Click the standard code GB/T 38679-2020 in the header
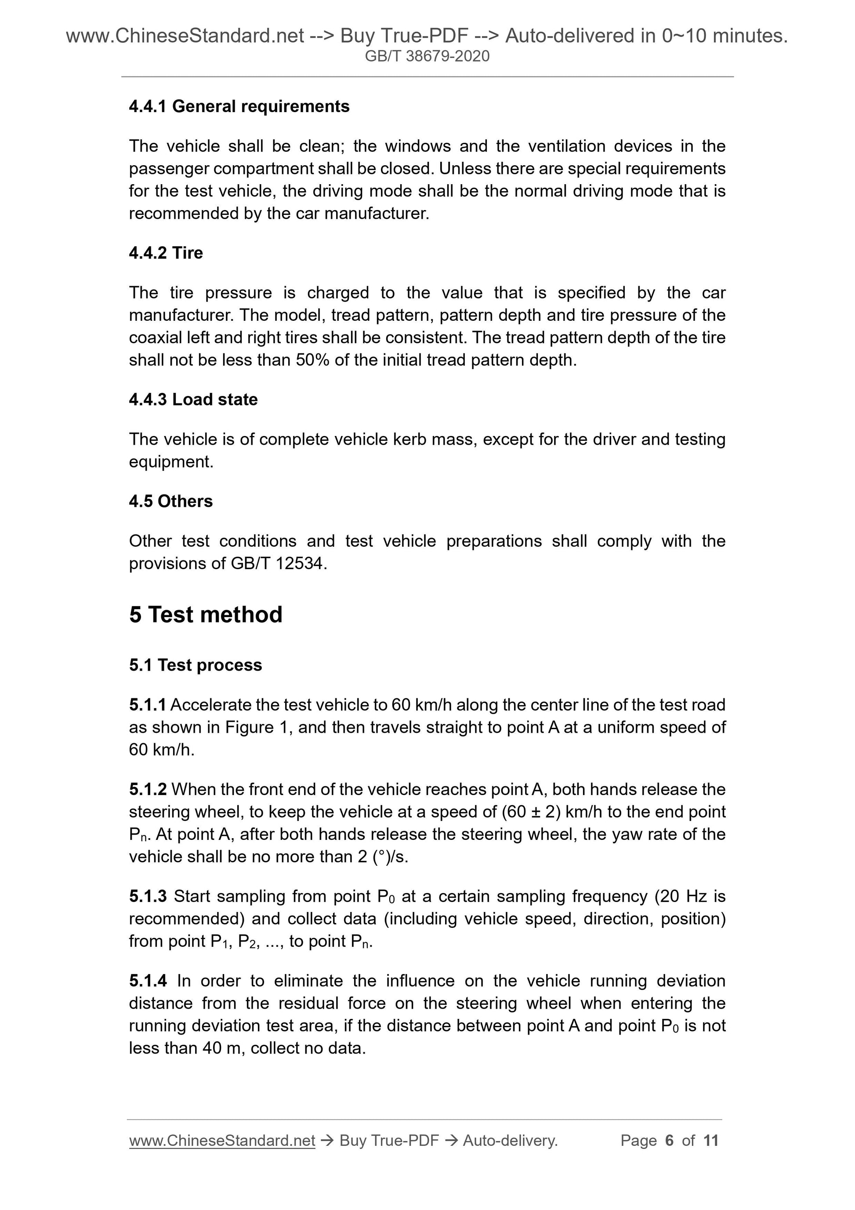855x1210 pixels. coord(427,56)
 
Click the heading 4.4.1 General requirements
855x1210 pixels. coord(239,106)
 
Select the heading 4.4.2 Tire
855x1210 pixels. coord(166,253)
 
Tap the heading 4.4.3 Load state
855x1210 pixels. coord(193,400)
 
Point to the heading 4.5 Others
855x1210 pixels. coord(170,501)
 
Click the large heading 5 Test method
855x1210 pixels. coord(206,614)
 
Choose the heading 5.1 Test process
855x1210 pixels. coord(196,665)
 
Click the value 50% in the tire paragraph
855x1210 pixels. coord(313,360)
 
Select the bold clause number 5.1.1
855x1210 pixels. coord(148,705)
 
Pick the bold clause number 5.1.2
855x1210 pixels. coord(148,789)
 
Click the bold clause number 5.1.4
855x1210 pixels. coord(148,981)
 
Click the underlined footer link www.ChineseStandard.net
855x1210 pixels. coord(222,1141)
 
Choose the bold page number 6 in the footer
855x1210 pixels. coord(670,1141)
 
